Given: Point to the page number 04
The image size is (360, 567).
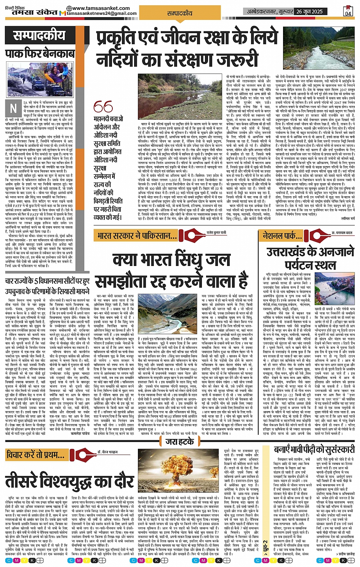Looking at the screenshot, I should coord(348,11).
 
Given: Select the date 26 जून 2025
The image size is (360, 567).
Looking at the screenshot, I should coord(309,11).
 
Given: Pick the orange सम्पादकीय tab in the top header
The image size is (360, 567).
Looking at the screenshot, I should coord(180,13).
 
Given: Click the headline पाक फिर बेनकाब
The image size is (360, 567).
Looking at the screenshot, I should coord(40,53).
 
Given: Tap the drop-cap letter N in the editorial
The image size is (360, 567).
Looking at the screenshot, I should coord(14,109).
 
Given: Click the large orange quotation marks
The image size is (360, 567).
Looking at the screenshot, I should coord(103,107).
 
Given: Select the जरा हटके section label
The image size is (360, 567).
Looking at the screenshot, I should coord(180,442).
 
